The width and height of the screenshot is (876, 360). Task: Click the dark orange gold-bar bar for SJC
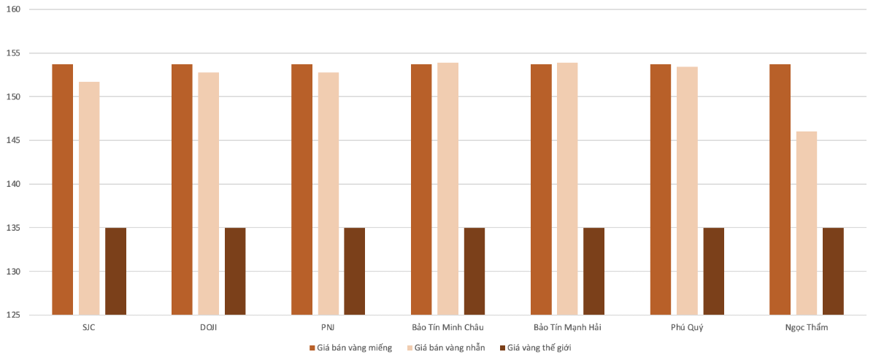[x=63, y=190]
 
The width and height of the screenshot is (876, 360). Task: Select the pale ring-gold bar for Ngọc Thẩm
[x=807, y=223]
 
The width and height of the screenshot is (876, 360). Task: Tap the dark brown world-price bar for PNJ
[x=354, y=272]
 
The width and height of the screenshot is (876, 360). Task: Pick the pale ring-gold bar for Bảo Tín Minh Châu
[x=447, y=189]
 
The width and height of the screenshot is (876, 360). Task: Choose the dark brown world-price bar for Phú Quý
[x=713, y=272]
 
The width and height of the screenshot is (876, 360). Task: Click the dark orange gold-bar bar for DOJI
[x=182, y=190]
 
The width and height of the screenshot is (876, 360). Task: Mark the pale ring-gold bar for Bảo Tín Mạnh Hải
[x=567, y=189]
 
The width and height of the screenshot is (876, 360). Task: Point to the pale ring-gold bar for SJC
[x=89, y=198]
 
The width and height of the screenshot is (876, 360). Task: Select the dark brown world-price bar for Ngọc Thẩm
[x=833, y=272]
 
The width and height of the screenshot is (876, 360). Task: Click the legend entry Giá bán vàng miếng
[x=355, y=348]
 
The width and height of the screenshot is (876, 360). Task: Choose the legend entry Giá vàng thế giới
[x=539, y=348]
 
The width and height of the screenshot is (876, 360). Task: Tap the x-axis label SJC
[x=89, y=327]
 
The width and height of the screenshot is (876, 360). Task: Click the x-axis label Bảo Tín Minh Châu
[x=447, y=327]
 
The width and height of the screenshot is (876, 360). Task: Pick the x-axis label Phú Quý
[x=687, y=327]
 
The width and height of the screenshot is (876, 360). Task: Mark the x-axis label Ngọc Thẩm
[x=807, y=327]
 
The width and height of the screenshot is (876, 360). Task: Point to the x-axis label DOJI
[x=208, y=327]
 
